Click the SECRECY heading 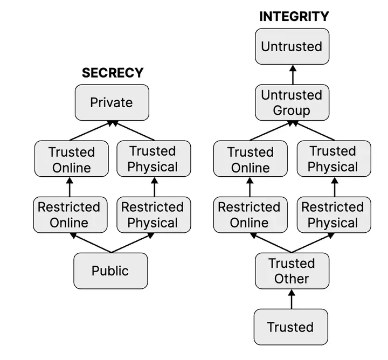pyautogui.click(x=112, y=73)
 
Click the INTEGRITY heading pyautogui.click(x=294, y=16)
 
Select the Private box pyautogui.click(x=112, y=102)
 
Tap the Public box pyautogui.click(x=110, y=271)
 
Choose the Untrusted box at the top pyautogui.click(x=292, y=46)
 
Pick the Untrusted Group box pyautogui.click(x=292, y=102)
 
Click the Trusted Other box pyautogui.click(x=292, y=271)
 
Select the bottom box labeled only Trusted pyautogui.click(x=290, y=327)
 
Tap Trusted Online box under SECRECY pyautogui.click(x=71, y=159)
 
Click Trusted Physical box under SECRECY pyautogui.click(x=153, y=159)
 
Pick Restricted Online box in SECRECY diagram pyautogui.click(x=69, y=214)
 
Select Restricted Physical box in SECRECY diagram pyautogui.click(x=153, y=214)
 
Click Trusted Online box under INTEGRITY pyautogui.click(x=250, y=159)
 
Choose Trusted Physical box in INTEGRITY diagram pyautogui.click(x=333, y=159)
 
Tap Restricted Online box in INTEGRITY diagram pyautogui.click(x=250, y=214)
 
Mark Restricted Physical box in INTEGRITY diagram pyautogui.click(x=333, y=214)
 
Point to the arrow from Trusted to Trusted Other pyautogui.click(x=292, y=299)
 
